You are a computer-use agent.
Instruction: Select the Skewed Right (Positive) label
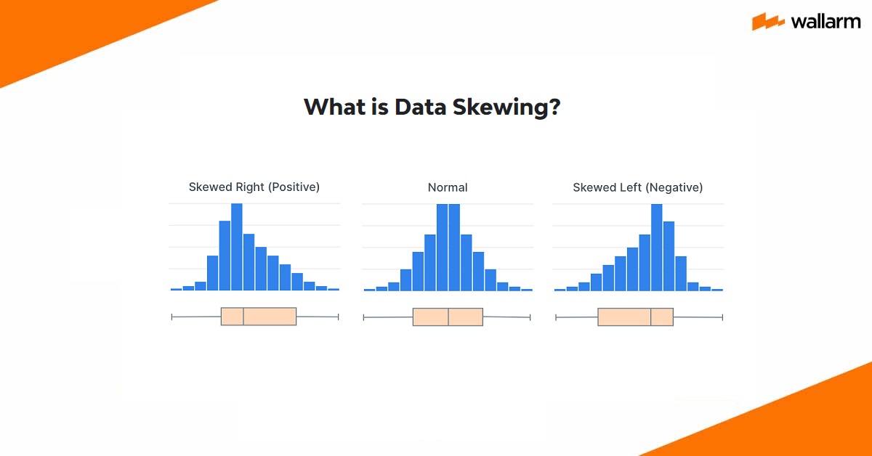tap(254, 187)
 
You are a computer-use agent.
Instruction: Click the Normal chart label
tap(448, 187)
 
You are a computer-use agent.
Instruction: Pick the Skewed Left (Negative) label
tap(637, 187)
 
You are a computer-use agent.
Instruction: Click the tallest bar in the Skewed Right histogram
tap(236, 247)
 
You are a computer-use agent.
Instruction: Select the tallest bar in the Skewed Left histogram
tap(657, 247)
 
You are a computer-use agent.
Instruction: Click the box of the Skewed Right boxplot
tap(270, 316)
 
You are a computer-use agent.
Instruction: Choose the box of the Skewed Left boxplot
tap(625, 317)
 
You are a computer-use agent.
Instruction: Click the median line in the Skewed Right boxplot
tap(243, 316)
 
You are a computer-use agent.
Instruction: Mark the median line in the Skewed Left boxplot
tap(651, 317)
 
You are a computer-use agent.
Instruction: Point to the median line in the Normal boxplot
tap(448, 317)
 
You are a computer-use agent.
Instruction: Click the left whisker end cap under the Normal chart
tap(363, 317)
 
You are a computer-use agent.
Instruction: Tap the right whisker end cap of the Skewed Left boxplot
tap(722, 317)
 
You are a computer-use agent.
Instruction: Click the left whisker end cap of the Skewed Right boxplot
tap(171, 317)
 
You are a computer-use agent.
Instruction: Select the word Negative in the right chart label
tap(674, 187)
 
